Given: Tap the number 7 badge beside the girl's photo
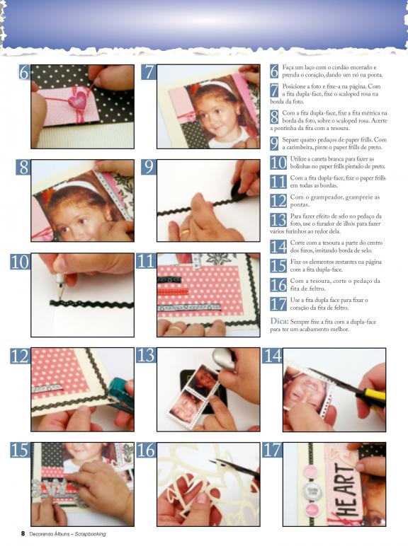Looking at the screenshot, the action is click(x=149, y=72).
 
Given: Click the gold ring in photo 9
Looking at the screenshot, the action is click(x=184, y=231).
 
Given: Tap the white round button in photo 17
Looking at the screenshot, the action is click(x=310, y=491).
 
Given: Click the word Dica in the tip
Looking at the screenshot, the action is click(x=279, y=321).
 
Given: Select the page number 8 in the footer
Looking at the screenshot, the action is click(x=23, y=533).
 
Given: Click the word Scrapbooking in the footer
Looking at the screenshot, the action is click(x=90, y=534).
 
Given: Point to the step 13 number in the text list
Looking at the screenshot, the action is click(x=278, y=220).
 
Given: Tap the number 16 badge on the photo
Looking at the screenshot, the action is click(x=146, y=450).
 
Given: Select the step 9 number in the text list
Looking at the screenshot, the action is click(x=274, y=143).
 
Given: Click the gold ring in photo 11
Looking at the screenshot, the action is click(x=176, y=327).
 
